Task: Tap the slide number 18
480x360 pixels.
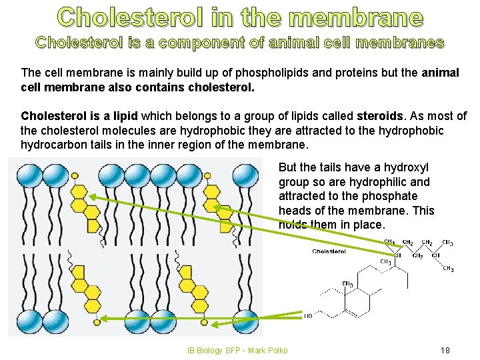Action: tap(445, 350)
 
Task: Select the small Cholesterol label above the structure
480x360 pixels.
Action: tap(329, 252)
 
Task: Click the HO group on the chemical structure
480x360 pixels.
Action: tap(308, 316)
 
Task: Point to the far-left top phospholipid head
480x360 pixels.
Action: tap(28, 176)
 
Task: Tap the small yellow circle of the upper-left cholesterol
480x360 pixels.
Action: tap(75, 175)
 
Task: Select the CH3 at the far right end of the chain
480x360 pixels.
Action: tap(448, 269)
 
